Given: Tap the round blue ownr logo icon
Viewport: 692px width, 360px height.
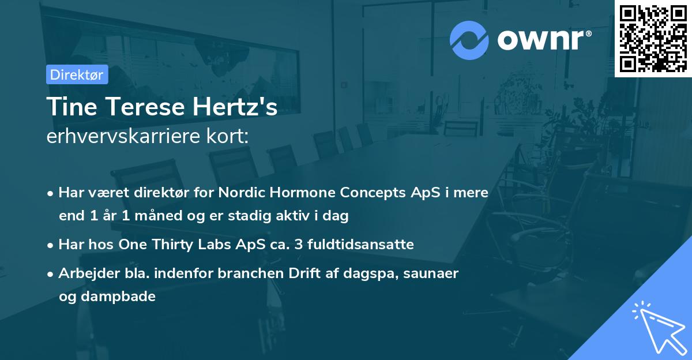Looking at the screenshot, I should click(469, 40).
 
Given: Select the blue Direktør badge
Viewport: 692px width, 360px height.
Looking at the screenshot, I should click(77, 74).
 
